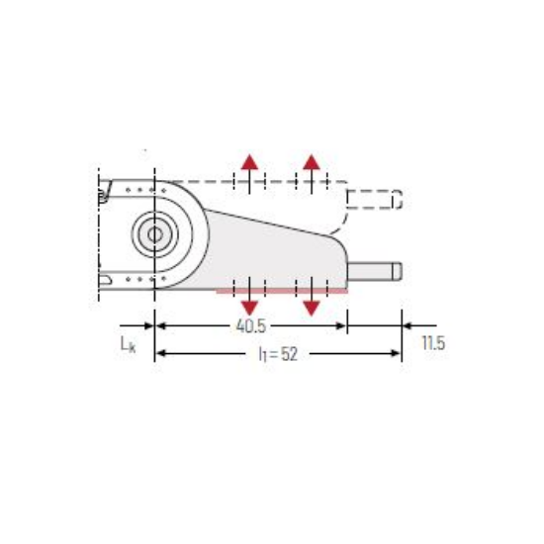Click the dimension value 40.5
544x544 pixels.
251,325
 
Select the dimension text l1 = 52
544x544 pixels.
278,354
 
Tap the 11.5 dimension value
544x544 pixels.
433,343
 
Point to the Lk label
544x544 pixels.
128,344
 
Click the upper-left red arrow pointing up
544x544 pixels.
249,173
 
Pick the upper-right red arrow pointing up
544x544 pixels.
312,173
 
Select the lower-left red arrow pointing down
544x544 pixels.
249,297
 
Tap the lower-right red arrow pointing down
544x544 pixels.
312,297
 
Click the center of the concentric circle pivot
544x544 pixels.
155,234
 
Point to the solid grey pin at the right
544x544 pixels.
375,271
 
